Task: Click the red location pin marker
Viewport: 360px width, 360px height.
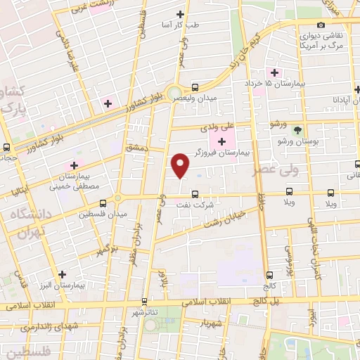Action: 181,165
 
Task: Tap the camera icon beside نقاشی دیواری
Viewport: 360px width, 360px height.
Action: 321,25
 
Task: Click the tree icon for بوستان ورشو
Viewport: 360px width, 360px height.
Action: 297,130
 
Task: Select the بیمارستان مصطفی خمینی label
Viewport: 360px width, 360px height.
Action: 73,181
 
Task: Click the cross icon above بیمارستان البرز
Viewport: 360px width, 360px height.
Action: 63,274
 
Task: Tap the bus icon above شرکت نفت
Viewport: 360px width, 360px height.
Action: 195,195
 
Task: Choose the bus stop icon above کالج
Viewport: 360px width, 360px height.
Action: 270,275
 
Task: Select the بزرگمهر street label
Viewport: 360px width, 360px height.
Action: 105,250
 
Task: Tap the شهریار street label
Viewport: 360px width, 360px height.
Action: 211,324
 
